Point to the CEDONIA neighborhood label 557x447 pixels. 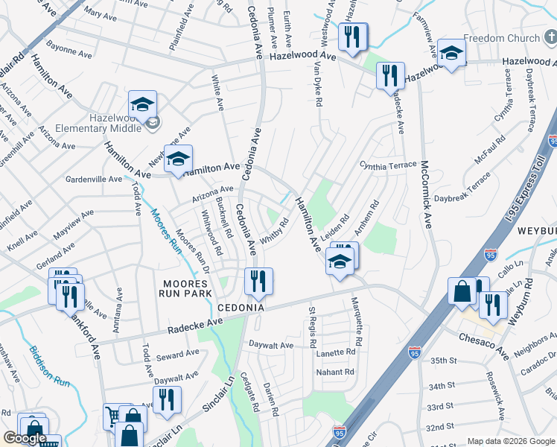point(241,308)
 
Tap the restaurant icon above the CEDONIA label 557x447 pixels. point(258,281)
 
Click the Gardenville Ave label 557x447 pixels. point(94,180)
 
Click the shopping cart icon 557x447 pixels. point(112,415)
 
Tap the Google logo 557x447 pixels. point(25,439)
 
